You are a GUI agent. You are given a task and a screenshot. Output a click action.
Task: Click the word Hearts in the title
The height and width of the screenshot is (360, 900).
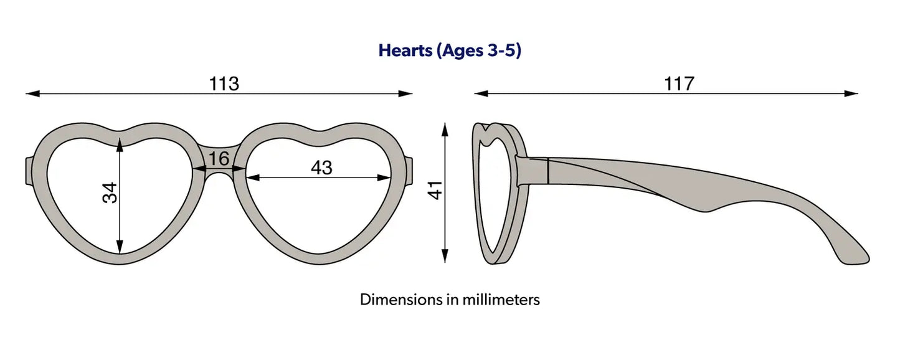[x=405, y=50]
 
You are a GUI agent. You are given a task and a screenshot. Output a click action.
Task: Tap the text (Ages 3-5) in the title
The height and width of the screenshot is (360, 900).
[x=478, y=50]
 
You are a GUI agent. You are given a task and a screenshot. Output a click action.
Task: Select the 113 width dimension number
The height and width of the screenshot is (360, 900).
[x=224, y=83]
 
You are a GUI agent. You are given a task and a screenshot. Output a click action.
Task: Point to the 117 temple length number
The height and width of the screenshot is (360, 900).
[x=679, y=83]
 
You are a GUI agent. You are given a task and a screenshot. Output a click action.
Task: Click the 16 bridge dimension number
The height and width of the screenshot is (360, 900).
[x=219, y=158]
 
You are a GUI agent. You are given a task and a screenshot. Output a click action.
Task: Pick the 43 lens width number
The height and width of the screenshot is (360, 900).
[x=321, y=168]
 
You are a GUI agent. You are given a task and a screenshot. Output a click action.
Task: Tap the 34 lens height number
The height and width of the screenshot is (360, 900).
[x=110, y=192]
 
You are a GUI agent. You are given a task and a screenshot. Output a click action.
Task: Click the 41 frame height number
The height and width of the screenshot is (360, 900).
[x=435, y=190]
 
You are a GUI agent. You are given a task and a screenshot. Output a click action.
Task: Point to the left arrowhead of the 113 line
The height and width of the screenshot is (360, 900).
[x=33, y=93]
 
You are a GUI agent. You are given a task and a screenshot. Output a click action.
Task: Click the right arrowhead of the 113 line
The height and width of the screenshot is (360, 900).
[x=405, y=93]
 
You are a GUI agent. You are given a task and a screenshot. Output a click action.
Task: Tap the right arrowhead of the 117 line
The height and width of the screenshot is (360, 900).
[x=851, y=93]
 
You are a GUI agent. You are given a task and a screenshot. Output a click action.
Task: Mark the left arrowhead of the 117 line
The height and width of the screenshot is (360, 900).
[x=481, y=93]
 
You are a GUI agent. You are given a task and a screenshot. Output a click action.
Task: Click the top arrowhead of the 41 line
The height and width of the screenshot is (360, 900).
[x=445, y=130]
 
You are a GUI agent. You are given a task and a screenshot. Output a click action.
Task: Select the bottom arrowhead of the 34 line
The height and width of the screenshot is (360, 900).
[x=120, y=247]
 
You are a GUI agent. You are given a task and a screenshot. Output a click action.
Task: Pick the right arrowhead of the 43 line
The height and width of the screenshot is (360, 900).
[x=384, y=178]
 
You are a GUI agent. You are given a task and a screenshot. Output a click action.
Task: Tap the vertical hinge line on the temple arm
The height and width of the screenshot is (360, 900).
[x=549, y=171]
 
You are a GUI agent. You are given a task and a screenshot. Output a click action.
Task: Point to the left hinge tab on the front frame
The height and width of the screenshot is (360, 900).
[x=29, y=171]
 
